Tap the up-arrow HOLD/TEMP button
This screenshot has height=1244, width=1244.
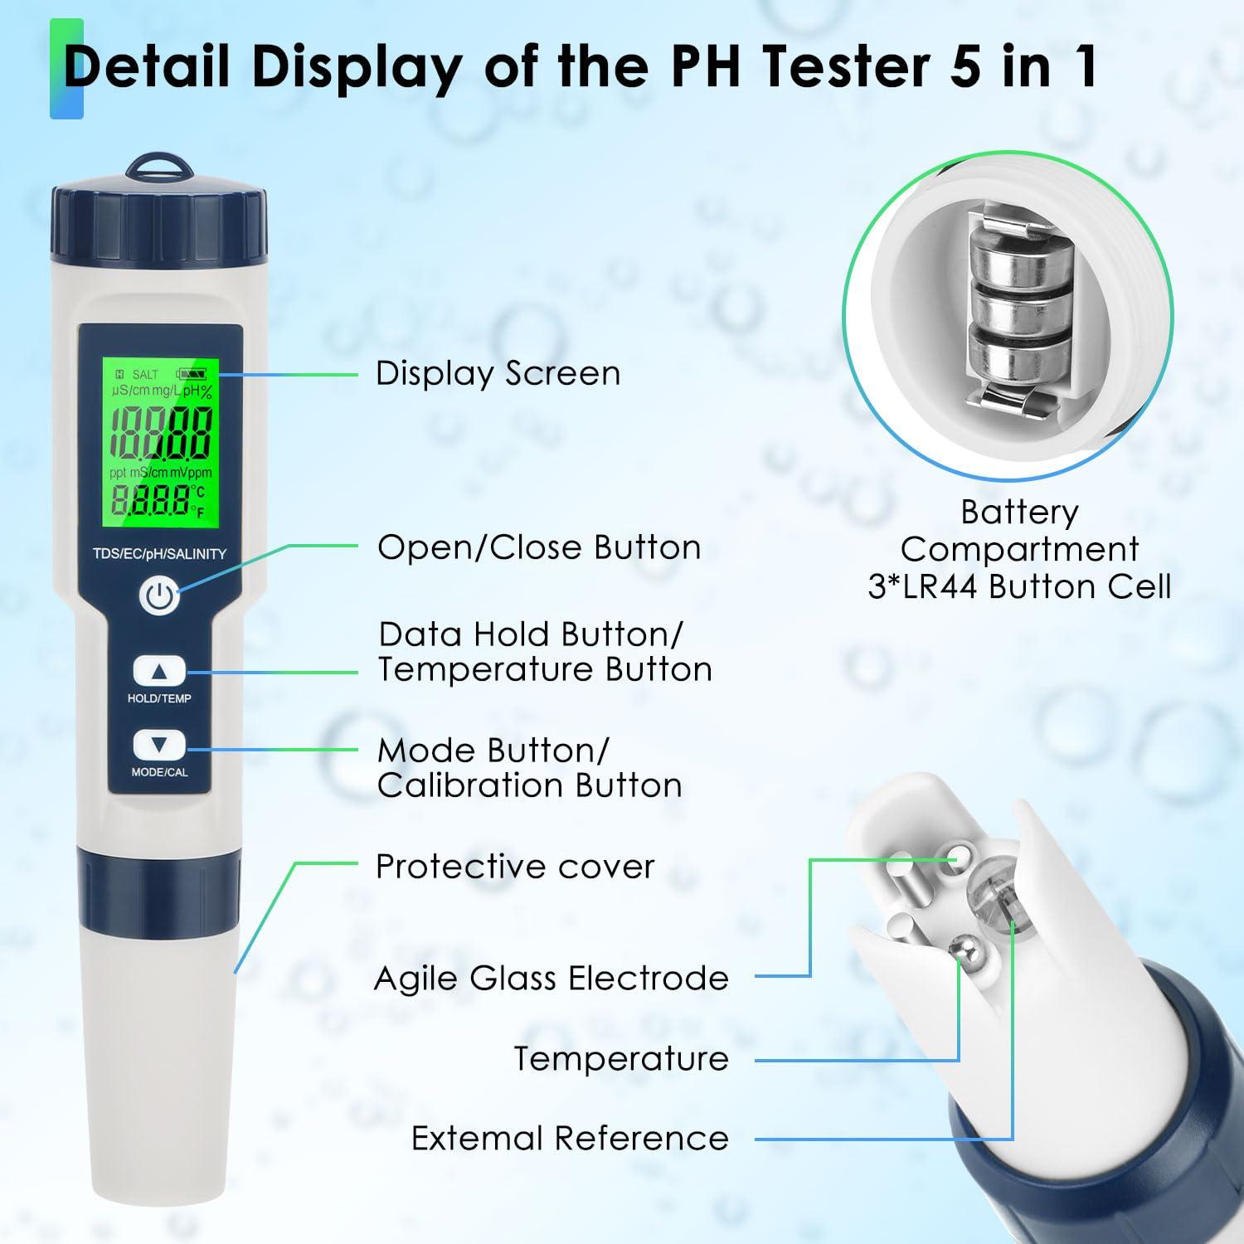pos(159,671)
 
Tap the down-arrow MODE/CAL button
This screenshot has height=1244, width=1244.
pos(159,745)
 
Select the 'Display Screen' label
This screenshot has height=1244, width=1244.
pos(498,374)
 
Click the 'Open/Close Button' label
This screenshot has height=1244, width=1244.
pos(539,548)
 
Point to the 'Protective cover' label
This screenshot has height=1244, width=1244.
pos(515,867)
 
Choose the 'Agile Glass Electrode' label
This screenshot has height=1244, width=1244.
pos(552,979)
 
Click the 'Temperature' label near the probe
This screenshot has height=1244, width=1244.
pos(621,1059)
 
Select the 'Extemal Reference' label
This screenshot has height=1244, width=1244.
pos(570,1139)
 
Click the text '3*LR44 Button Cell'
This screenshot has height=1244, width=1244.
pos(1019,587)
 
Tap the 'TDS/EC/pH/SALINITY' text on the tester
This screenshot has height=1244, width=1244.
pos(159,554)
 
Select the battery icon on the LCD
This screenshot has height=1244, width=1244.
pos(193,375)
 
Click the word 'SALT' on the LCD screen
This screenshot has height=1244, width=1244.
pos(145,375)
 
